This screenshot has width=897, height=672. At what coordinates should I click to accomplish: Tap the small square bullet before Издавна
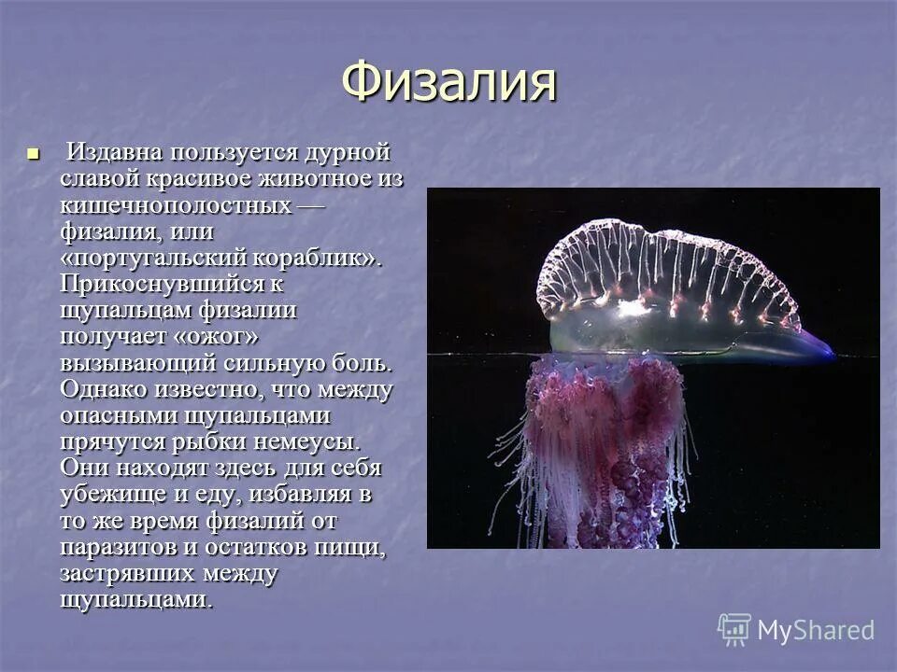pyautogui.click(x=36, y=152)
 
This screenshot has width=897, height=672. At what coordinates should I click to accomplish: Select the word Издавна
pyautogui.click(x=115, y=152)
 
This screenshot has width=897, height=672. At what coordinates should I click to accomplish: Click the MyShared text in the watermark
pyautogui.click(x=816, y=630)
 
